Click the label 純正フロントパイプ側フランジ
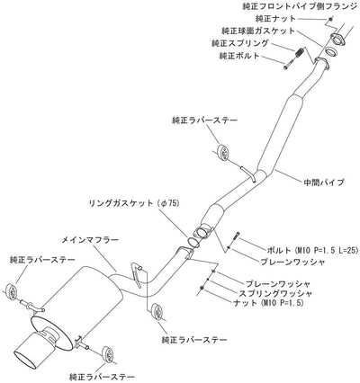click(301, 6)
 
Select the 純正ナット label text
click(275, 19)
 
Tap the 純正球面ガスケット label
click(258, 31)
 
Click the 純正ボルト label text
click(239, 56)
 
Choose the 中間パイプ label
click(324, 182)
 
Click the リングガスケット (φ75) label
click(134, 203)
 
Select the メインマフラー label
click(90, 240)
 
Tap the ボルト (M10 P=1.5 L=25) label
click(311, 250)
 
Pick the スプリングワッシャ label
click(275, 293)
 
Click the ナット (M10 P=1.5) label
click(268, 303)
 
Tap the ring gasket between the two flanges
click(193, 242)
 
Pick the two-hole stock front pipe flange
click(337, 40)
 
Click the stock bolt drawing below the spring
click(289, 65)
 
